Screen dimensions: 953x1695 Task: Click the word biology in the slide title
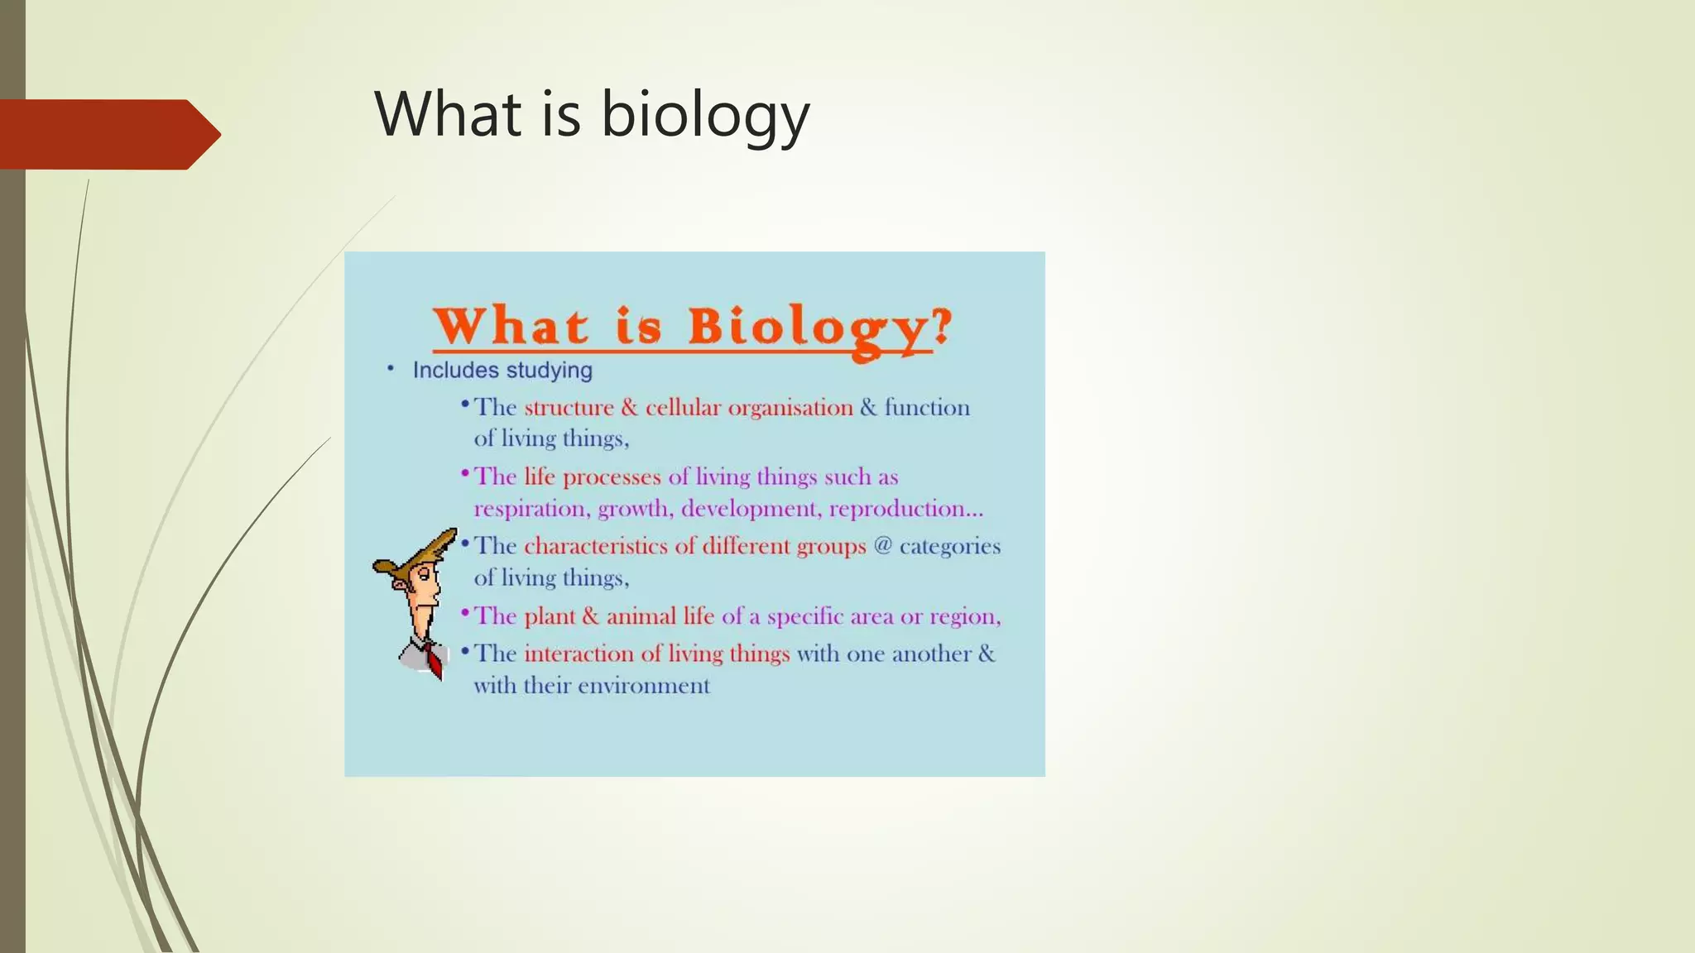tap(704, 115)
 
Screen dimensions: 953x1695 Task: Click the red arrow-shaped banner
tap(108, 134)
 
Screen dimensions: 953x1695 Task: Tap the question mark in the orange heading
tap(942, 325)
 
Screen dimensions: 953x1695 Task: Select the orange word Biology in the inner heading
tap(809, 328)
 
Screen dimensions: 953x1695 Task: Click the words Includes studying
tap(502, 371)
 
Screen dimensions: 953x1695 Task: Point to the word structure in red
tap(569, 408)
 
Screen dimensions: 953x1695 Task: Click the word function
tap(926, 407)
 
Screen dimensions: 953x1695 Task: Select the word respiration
tap(531, 510)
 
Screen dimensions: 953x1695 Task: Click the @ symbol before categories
tap(882, 546)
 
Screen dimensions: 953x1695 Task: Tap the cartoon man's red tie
tap(434, 660)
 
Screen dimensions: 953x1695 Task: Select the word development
tap(750, 510)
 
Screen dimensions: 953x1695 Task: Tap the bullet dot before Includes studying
tap(391, 369)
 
